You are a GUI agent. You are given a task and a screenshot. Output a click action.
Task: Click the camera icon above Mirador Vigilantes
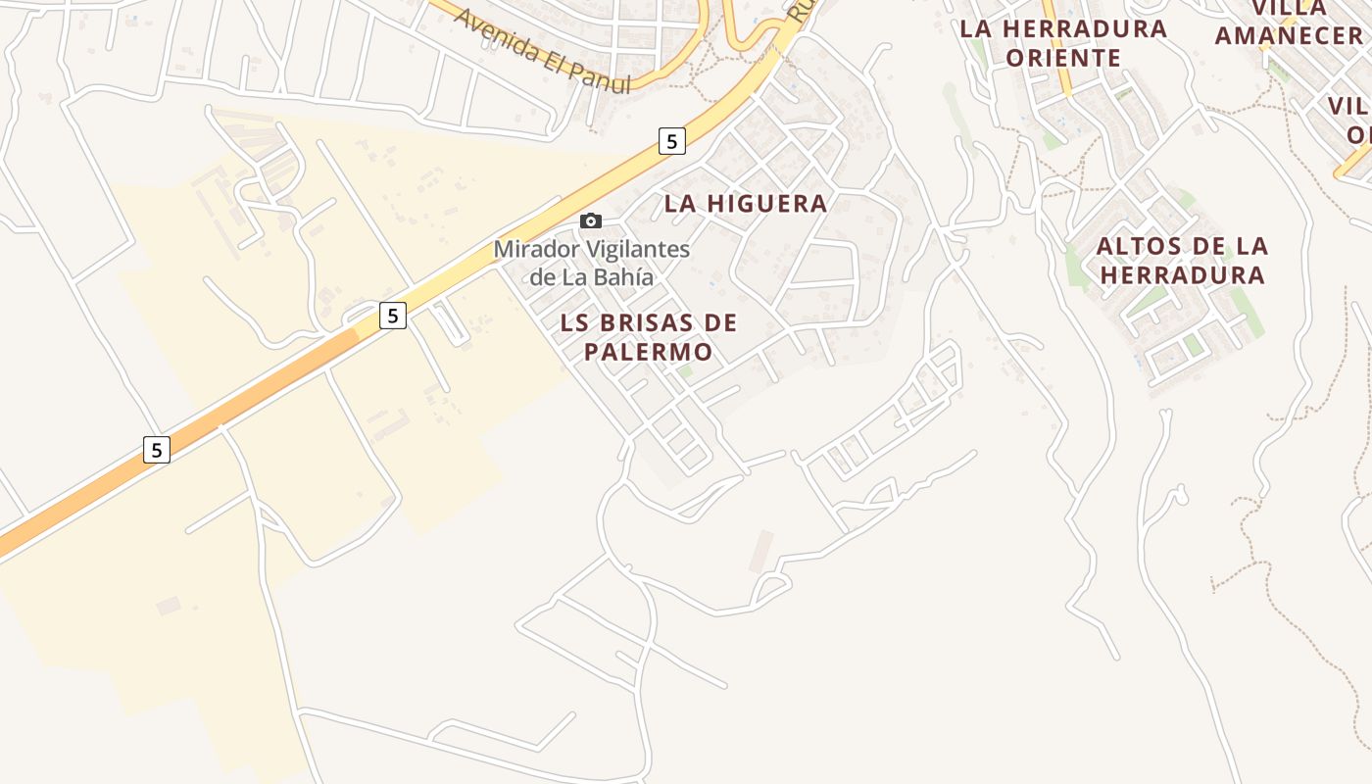tap(590, 220)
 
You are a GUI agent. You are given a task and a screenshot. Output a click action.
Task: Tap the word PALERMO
tap(648, 351)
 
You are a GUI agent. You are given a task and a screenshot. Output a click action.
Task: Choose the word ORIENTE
tap(1063, 58)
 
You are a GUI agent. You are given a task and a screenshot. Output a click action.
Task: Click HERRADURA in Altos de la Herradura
tap(1182, 274)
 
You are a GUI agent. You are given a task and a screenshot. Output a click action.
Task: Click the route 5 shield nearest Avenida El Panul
tap(671, 141)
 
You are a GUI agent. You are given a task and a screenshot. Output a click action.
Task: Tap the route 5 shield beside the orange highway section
tap(156, 450)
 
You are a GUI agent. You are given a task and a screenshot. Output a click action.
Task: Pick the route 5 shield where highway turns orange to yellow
tap(392, 316)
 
